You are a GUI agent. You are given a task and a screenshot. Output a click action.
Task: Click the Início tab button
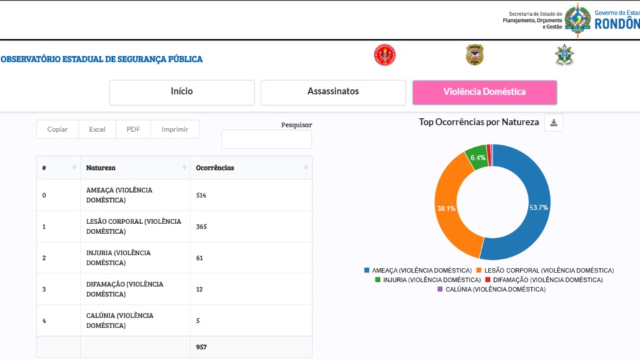182,92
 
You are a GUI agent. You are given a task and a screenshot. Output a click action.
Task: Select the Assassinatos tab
333,92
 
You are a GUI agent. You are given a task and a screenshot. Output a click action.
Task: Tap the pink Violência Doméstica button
485,92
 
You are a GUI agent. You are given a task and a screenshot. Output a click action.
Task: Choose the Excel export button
97,129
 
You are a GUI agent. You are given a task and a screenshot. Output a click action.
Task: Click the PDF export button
133,129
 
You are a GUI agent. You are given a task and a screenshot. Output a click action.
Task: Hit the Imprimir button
175,129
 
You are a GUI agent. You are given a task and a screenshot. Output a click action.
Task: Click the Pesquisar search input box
266,139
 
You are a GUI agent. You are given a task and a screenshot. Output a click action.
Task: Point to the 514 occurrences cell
202,195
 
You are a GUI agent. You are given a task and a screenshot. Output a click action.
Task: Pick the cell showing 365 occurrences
202,227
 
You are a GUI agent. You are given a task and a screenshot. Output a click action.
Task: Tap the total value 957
202,347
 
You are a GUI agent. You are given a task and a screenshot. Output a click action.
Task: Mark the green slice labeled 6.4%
477,157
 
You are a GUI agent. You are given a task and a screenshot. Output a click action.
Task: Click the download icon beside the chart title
553,123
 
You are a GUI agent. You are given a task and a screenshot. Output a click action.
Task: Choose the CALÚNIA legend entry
491,289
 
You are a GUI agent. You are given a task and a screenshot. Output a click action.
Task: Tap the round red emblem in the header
385,55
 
